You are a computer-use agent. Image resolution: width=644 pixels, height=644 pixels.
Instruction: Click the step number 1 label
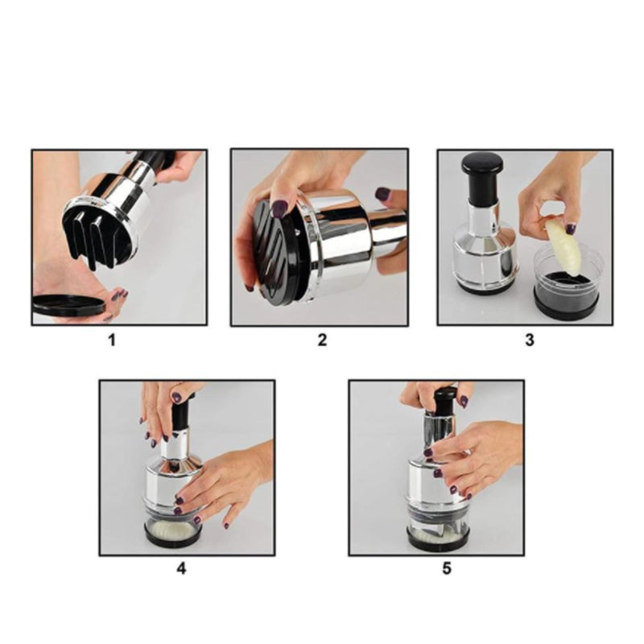coord(112,340)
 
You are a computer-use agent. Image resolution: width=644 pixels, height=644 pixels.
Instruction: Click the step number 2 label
coord(322,340)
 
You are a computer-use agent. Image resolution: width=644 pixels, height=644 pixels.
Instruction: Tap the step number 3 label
coord(529,340)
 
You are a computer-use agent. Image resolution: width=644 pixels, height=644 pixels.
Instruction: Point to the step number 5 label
coord(447,568)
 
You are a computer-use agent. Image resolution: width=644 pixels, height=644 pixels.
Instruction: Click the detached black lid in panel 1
coord(68,305)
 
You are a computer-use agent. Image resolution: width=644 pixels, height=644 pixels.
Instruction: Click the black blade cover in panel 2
coord(274,250)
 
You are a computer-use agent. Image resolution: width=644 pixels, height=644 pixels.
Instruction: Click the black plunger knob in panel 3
coord(481,166)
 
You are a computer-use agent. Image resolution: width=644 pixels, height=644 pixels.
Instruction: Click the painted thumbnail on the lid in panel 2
coord(279,208)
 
